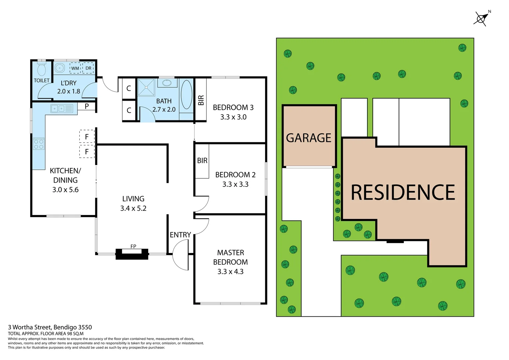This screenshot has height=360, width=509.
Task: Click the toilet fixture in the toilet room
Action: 42,69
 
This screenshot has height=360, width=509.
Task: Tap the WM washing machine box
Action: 75,68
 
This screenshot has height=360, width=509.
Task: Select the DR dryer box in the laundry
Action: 88,68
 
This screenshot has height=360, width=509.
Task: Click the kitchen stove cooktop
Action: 39,144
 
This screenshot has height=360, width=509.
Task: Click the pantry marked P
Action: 87,107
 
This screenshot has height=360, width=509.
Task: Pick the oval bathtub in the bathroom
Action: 186,95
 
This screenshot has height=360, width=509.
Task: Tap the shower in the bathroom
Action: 146,87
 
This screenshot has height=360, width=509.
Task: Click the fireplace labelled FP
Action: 132,254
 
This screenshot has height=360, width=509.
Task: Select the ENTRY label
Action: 180,235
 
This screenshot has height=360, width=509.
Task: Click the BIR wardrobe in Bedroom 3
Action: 201,100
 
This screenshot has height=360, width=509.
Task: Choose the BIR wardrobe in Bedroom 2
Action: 202,161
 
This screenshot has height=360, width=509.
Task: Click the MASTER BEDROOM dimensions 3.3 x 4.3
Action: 231,272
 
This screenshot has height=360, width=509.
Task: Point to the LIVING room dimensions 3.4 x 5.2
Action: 133,208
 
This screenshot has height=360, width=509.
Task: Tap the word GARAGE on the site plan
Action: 308,138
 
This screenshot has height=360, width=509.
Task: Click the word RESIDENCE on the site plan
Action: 403,192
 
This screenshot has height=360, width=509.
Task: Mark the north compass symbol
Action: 481,18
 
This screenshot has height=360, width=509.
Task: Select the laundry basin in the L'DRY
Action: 60,68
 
